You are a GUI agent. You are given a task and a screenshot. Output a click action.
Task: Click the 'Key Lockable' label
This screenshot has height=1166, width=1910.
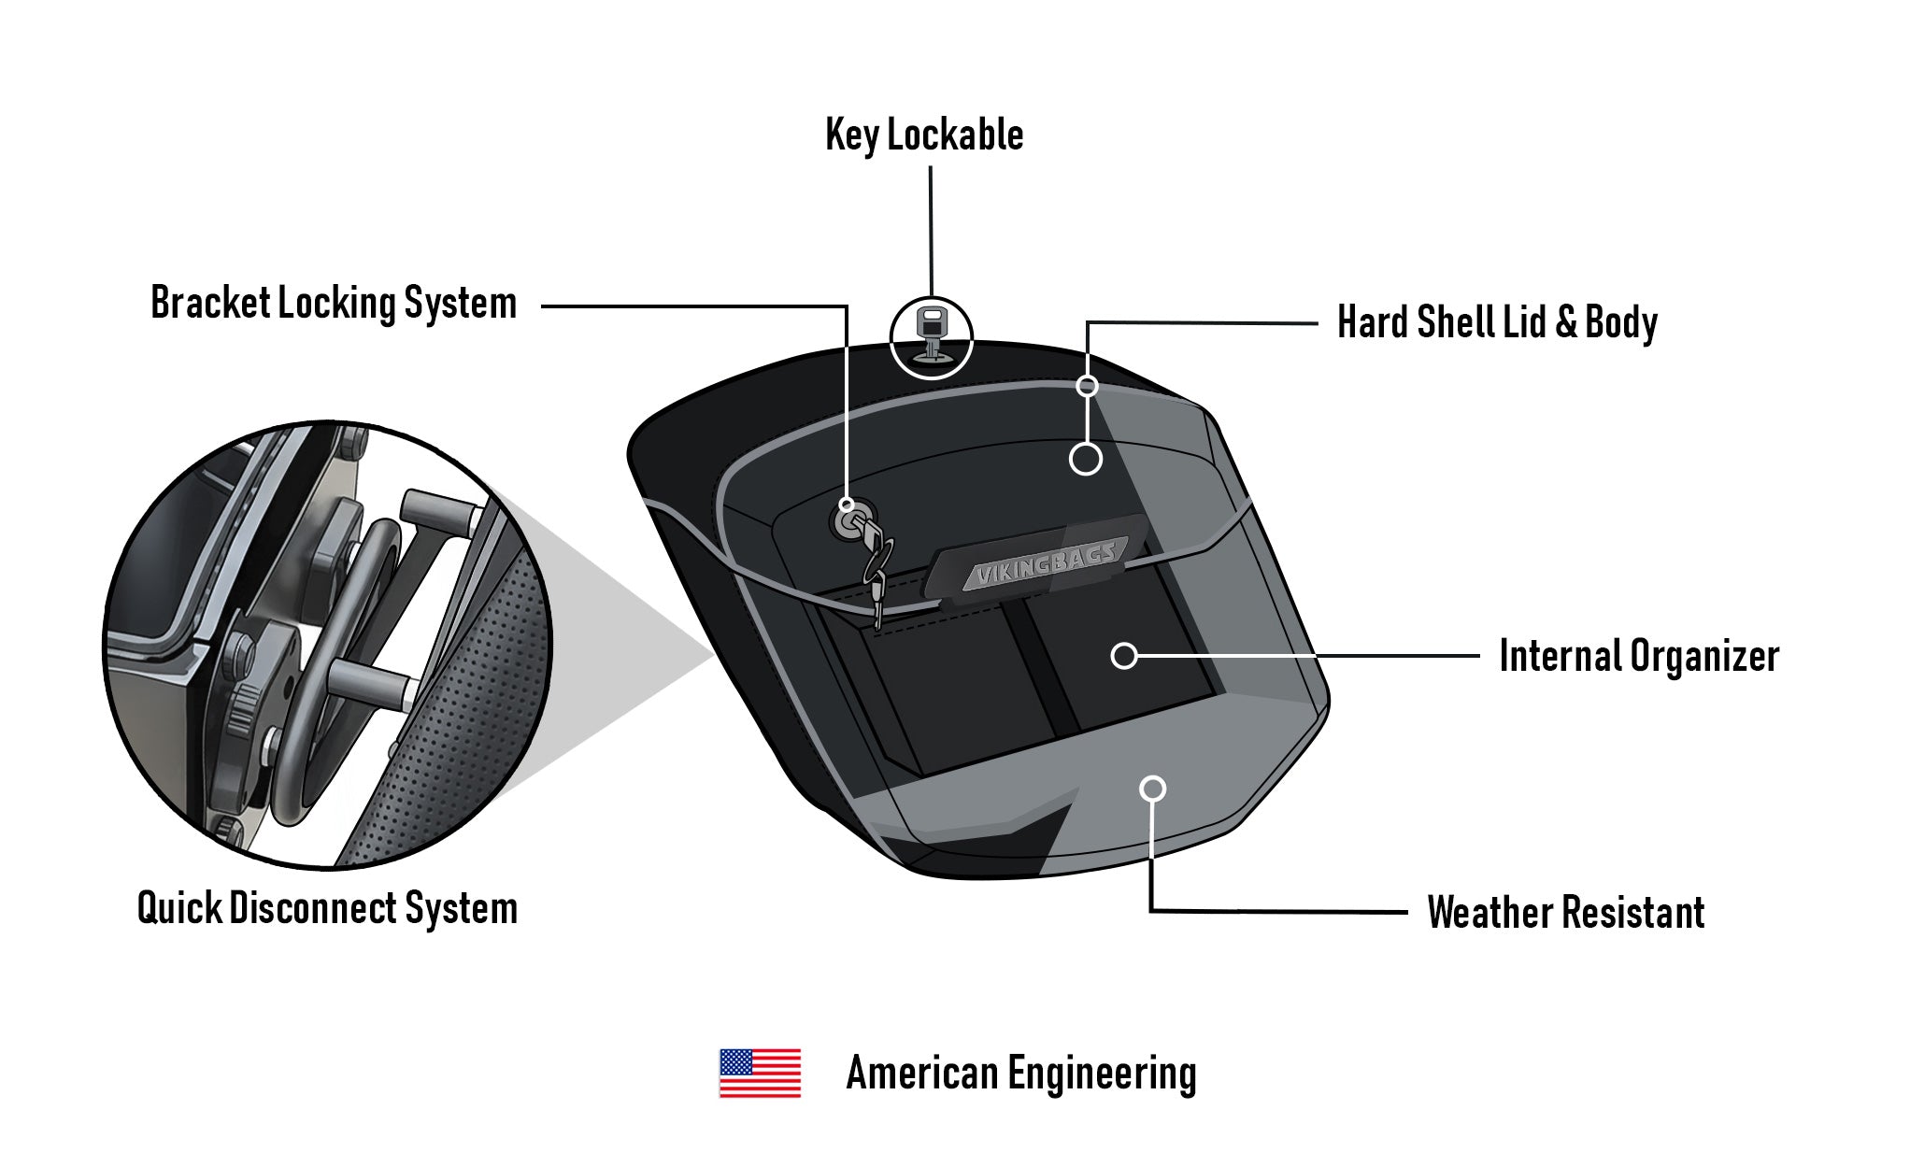point(924,136)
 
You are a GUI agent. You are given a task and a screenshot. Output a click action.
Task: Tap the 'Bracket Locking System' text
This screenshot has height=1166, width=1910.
point(334,305)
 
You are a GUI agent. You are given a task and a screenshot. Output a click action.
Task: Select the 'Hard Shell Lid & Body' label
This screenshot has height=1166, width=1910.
point(1497,323)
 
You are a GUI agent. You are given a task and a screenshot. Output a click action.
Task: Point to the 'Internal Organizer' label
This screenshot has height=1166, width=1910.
point(1639,657)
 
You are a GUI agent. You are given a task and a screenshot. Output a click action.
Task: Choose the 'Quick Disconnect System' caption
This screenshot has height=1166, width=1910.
point(327,909)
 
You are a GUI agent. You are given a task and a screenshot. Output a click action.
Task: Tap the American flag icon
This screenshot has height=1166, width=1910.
point(760,1074)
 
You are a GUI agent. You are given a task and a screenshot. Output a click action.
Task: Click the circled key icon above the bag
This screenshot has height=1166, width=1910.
point(932,338)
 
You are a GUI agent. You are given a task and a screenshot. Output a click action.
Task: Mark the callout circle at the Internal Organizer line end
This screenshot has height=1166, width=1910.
point(1124,656)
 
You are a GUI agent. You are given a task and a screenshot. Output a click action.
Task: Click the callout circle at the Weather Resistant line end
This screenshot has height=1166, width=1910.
point(1154,789)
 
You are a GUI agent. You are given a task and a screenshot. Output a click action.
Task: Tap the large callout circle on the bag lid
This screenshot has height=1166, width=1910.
point(1086,459)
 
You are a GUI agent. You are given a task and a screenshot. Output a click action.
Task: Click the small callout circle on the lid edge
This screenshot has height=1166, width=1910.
point(1087,385)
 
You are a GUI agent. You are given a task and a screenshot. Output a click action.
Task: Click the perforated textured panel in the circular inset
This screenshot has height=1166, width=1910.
point(467,710)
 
